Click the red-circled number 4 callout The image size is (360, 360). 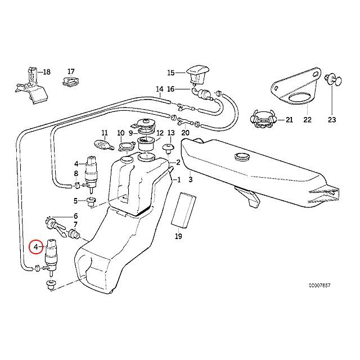coord(35,247)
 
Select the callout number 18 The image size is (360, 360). coord(47,72)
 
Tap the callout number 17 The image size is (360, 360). coord(71,71)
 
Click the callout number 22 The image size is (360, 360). coord(307,120)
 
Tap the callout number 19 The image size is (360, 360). coord(179,237)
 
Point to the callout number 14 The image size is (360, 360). coord(159,89)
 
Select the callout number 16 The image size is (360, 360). coord(171,89)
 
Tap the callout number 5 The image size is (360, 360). coord(75,201)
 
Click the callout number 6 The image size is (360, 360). coord(75,216)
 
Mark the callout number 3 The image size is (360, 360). coord(191,180)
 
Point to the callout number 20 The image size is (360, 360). coord(186,133)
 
